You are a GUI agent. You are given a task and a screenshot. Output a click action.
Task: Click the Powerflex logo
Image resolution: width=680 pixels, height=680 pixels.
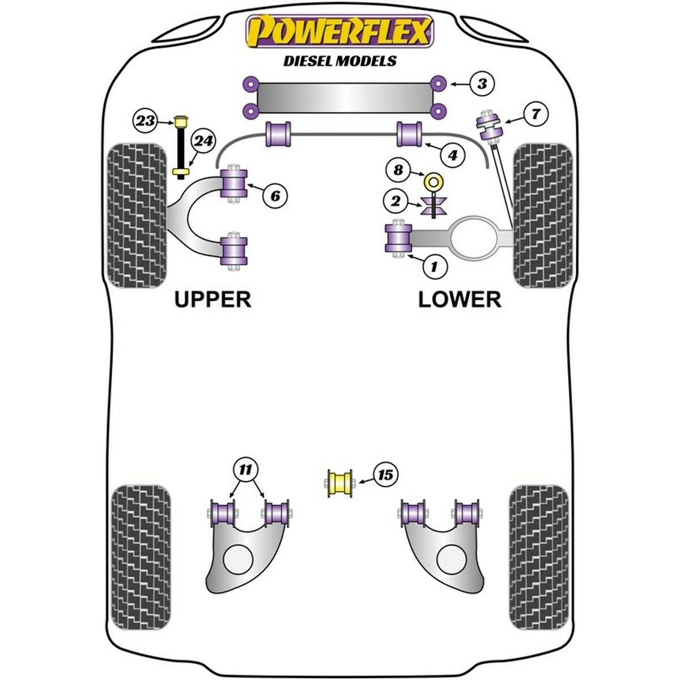(x=340, y=31)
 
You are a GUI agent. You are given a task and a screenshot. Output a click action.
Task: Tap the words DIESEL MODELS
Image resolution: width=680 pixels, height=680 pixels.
(x=340, y=61)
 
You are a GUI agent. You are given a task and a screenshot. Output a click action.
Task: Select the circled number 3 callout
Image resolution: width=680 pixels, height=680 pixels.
(x=482, y=84)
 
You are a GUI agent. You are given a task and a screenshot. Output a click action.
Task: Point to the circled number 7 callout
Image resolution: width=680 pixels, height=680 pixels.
(x=535, y=114)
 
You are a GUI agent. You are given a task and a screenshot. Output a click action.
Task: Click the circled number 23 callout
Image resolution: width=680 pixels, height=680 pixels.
(x=146, y=121)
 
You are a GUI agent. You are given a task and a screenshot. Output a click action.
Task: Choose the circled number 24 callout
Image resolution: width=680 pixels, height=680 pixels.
(x=203, y=142)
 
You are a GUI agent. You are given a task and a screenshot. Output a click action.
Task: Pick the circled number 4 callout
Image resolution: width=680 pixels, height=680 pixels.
(x=453, y=155)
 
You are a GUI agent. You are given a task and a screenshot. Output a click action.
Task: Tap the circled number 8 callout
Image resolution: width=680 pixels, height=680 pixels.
(x=398, y=171)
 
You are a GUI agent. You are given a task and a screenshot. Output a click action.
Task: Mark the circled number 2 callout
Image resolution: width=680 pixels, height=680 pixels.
(x=396, y=202)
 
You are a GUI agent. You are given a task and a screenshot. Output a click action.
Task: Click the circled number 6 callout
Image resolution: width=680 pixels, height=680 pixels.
(x=275, y=195)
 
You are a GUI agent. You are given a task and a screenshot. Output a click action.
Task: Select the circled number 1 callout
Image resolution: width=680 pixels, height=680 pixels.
(x=435, y=267)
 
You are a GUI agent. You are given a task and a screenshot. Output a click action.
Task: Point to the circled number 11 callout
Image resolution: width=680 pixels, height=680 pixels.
(x=245, y=469)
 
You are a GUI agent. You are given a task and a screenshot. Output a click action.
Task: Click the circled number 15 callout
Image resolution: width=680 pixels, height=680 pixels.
(x=385, y=475)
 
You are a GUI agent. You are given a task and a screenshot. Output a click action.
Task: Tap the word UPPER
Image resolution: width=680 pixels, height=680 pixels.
(x=213, y=300)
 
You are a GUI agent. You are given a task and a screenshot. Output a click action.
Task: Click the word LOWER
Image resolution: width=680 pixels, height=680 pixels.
(x=460, y=300)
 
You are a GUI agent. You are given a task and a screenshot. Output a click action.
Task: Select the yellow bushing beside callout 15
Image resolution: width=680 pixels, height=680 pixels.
(x=339, y=483)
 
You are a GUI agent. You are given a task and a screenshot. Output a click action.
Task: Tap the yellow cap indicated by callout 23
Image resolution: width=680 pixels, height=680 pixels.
(x=181, y=122)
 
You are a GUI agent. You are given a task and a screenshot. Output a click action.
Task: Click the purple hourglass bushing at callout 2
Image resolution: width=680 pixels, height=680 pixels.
(x=433, y=206)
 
